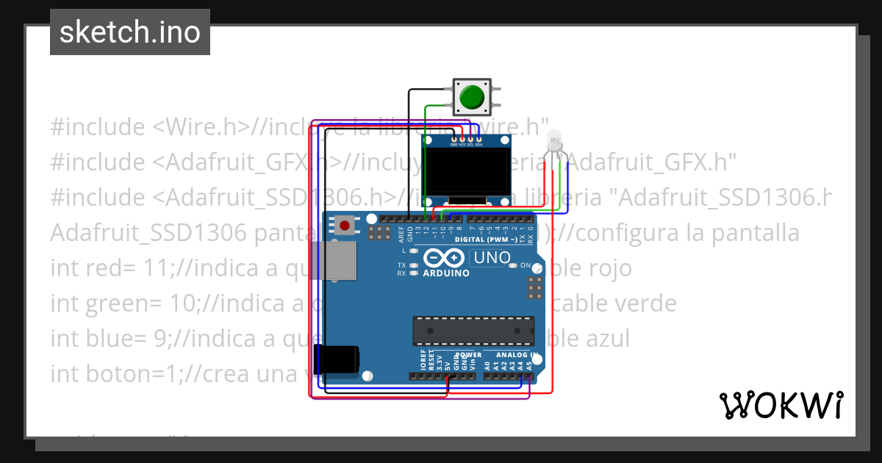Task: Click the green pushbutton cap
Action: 470,97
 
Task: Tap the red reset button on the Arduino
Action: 345,225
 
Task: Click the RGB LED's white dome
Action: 555,140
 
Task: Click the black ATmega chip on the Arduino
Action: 473,330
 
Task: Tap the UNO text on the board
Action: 492,258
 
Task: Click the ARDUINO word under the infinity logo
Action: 447,273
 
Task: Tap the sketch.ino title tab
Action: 130,32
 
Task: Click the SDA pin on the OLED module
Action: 478,139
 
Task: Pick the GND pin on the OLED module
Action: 453,139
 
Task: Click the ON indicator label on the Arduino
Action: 526,265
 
